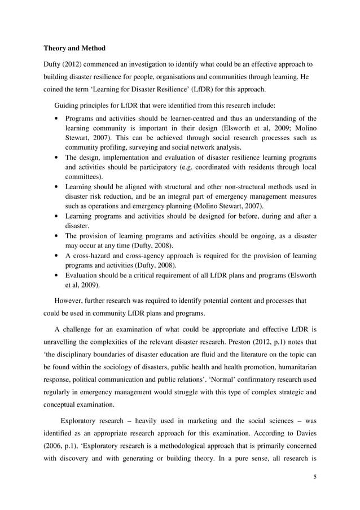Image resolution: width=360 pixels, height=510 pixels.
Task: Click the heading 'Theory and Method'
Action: click(x=75, y=49)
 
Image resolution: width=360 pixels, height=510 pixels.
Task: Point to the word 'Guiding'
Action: click(x=67, y=105)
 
